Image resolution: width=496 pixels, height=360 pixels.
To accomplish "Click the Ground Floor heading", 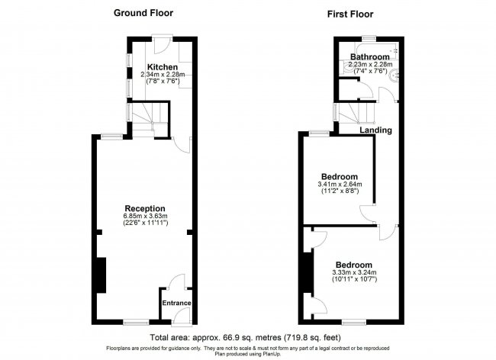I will tap(143, 13).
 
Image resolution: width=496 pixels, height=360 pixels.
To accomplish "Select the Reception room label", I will tap(145, 208).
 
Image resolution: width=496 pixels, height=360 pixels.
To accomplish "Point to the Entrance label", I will tap(176, 303).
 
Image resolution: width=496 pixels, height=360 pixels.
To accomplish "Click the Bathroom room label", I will tap(370, 57).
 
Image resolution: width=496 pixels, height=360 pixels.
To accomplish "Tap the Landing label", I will tap(376, 130).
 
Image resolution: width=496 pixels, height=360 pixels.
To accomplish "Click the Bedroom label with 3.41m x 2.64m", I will tap(340, 176).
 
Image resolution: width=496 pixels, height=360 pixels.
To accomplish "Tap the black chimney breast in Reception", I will tap(100, 275).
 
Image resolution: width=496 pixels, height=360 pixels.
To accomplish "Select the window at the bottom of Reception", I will tap(136, 322).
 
